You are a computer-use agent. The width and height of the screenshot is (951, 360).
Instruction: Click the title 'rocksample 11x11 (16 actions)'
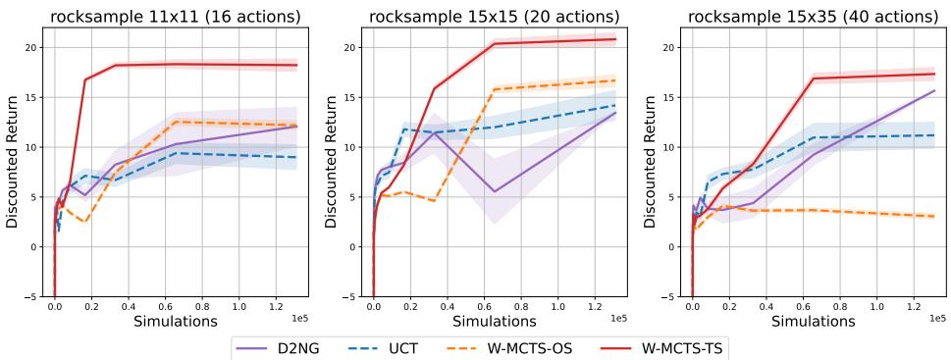click(175, 17)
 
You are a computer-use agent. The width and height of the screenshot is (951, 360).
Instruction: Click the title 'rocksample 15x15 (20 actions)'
click(495, 17)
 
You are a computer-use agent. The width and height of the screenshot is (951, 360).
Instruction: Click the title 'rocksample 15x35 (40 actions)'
click(814, 17)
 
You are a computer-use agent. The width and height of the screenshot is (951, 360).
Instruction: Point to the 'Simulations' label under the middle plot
click(495, 321)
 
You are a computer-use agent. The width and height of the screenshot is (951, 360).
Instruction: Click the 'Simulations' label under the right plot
click(814, 321)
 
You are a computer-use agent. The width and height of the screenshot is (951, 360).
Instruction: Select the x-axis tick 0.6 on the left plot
click(175, 306)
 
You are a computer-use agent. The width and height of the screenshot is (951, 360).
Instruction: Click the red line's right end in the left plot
click(296, 65)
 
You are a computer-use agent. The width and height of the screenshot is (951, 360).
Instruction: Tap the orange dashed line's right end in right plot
click(934, 216)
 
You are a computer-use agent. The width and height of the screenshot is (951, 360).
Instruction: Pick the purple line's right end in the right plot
click(934, 90)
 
